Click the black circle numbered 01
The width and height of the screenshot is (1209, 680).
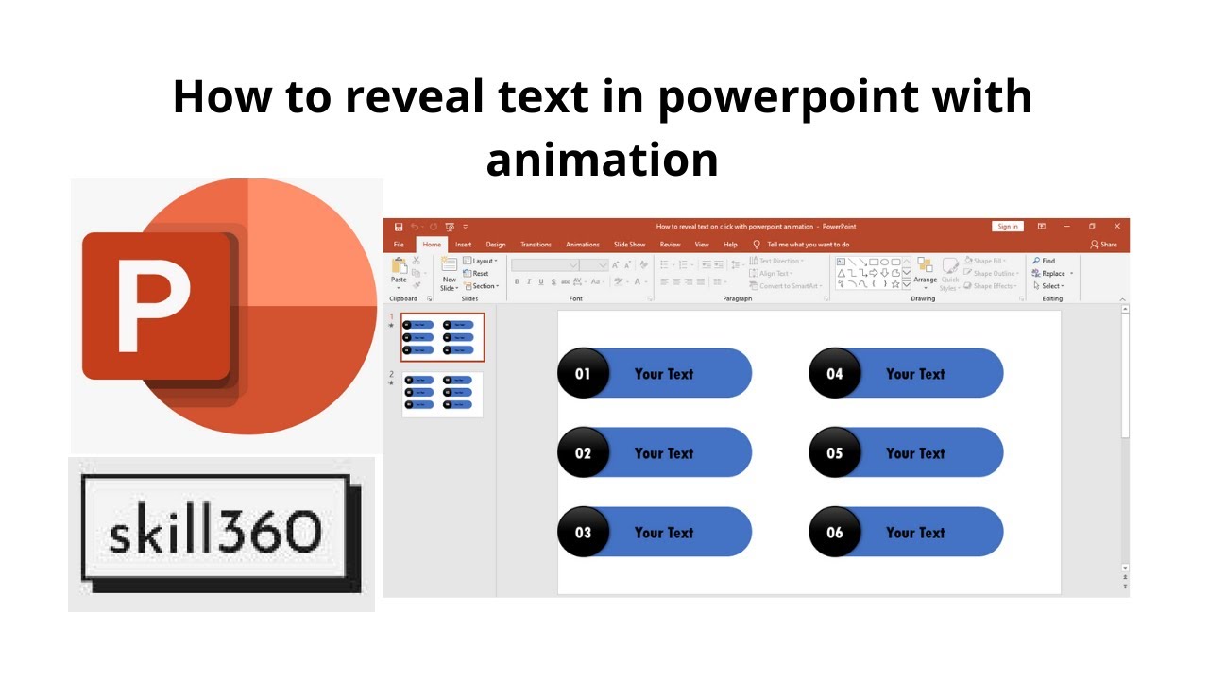pyautogui.click(x=583, y=373)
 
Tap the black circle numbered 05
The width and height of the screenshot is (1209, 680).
pyautogui.click(x=835, y=452)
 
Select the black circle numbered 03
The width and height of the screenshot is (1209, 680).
pyautogui.click(x=583, y=532)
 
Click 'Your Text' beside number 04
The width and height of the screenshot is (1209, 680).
pyautogui.click(x=915, y=373)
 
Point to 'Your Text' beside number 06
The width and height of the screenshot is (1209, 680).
pyautogui.click(x=915, y=532)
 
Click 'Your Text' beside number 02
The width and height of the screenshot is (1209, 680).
pyautogui.click(x=664, y=452)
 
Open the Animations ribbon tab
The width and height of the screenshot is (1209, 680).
pyautogui.click(x=583, y=245)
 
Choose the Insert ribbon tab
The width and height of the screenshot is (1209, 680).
pyautogui.click(x=464, y=245)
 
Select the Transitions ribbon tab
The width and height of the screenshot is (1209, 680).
pyautogui.click(x=536, y=245)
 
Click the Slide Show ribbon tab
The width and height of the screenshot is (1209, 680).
pyautogui.click(x=630, y=245)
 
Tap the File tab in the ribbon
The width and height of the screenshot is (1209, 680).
pyautogui.click(x=400, y=245)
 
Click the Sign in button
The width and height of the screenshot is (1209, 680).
pyautogui.click(x=1008, y=227)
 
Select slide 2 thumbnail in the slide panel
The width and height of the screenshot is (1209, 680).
pyautogui.click(x=442, y=394)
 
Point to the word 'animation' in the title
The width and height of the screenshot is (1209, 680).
pyautogui.click(x=603, y=159)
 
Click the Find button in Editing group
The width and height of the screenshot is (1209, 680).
pyautogui.click(x=1045, y=261)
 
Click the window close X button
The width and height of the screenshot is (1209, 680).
pyautogui.click(x=1117, y=227)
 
